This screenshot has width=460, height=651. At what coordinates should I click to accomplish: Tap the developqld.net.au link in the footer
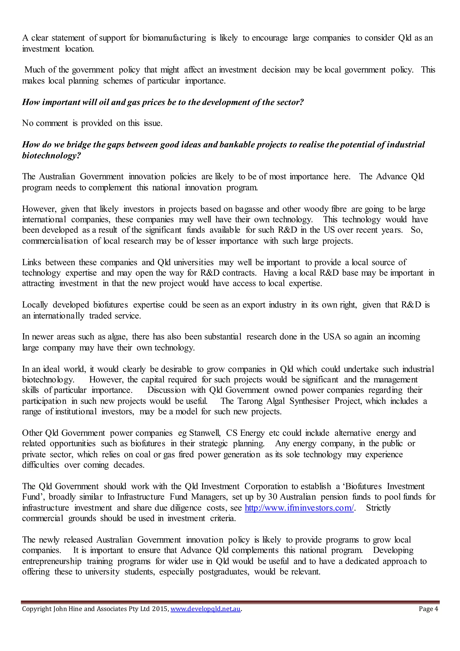[x=206, y=609]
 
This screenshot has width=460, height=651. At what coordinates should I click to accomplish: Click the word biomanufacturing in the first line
[x=174, y=38]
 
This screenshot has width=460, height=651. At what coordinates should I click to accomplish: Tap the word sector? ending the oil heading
[x=291, y=102]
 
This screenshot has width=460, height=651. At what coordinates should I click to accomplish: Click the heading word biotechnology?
[x=51, y=156]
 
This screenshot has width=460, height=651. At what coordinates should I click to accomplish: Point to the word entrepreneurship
[x=52, y=561]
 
